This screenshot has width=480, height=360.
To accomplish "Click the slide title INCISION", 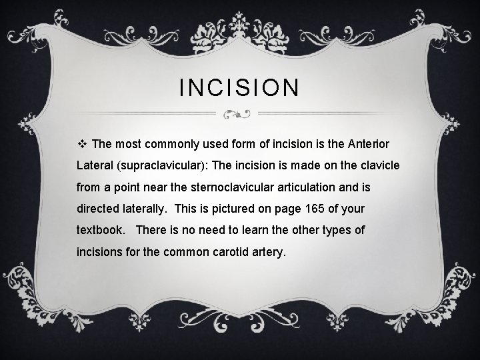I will pyautogui.click(x=240, y=87).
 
